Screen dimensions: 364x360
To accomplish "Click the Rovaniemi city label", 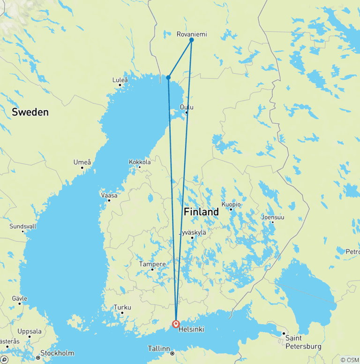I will coord(191,34).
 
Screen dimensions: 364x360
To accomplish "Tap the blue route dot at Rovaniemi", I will coord(192,40).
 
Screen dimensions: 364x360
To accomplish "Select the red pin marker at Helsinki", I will coord(176,324).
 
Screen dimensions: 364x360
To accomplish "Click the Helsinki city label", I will coord(191,330).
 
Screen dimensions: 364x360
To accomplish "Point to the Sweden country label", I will coord(30,112).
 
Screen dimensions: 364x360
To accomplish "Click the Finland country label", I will coord(201,212).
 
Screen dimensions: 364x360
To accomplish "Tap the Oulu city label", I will coord(187,107).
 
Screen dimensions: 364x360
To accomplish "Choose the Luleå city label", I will coord(120,80).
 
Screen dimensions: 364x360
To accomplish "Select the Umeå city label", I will coord(82,162).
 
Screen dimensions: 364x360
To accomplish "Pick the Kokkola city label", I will coord(140,162).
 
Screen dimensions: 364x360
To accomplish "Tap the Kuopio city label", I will coord(232,205).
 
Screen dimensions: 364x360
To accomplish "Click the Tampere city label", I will coord(152,264).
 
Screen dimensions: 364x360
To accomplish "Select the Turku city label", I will coord(122,308).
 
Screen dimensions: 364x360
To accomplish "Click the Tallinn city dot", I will coord(172,353).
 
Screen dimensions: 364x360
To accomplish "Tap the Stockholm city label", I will coord(58,353).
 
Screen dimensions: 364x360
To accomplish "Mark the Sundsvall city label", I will coord(23,226).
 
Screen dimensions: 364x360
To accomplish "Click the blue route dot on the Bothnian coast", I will coord(168,77).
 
